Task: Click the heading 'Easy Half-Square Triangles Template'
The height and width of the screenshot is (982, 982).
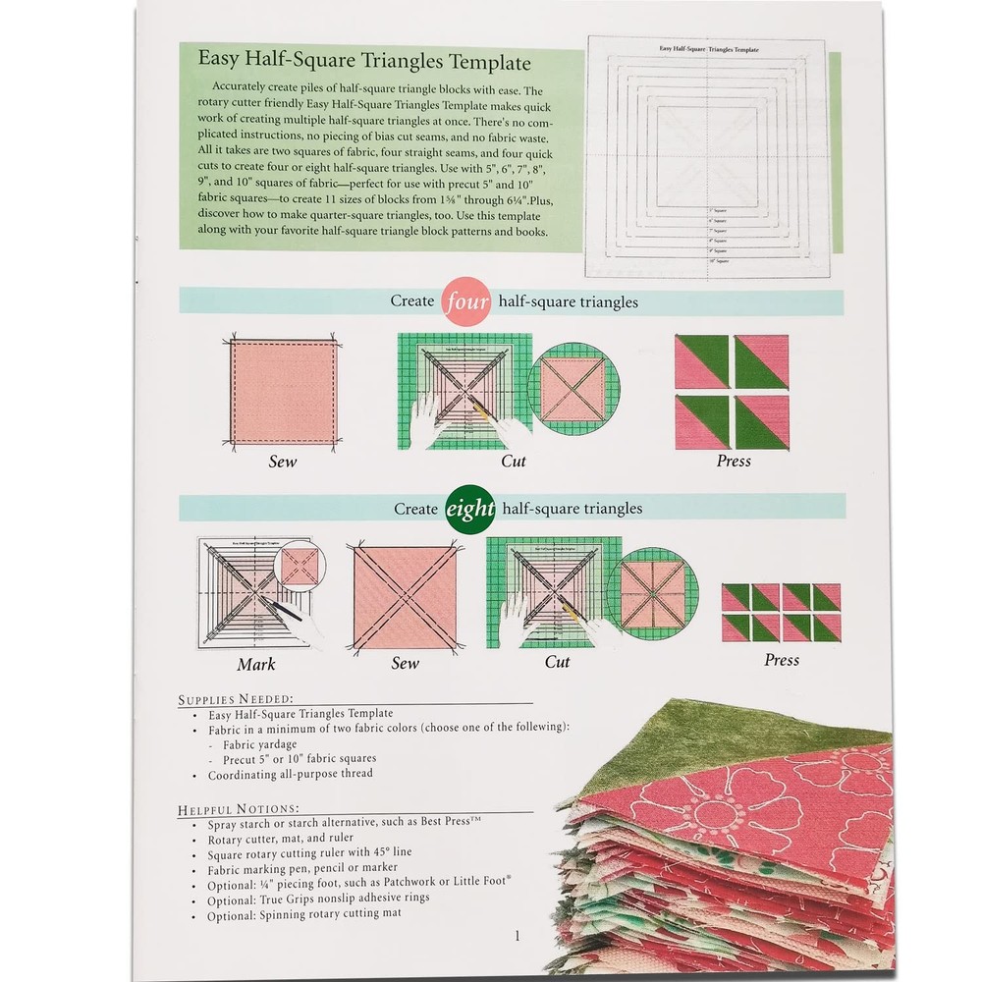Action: pos(364,62)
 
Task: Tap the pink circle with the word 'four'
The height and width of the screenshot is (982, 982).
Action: pos(466,301)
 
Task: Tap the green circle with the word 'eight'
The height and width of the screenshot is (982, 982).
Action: pos(470,509)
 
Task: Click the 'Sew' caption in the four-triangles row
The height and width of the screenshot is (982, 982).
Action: pos(283,461)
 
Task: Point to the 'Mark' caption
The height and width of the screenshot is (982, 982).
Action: pos(256,665)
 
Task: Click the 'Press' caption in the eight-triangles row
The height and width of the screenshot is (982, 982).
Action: pos(782,660)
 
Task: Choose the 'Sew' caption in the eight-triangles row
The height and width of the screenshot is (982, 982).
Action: pos(406,663)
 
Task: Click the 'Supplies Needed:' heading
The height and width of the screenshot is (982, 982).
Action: pos(236,699)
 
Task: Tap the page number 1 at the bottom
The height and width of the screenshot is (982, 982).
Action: pos(517,936)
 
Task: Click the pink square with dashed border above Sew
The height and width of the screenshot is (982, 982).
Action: pos(284,392)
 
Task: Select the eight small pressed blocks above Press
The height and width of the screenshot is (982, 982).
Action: pos(781,612)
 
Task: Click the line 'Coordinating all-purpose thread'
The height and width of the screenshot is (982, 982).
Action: pos(290,775)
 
